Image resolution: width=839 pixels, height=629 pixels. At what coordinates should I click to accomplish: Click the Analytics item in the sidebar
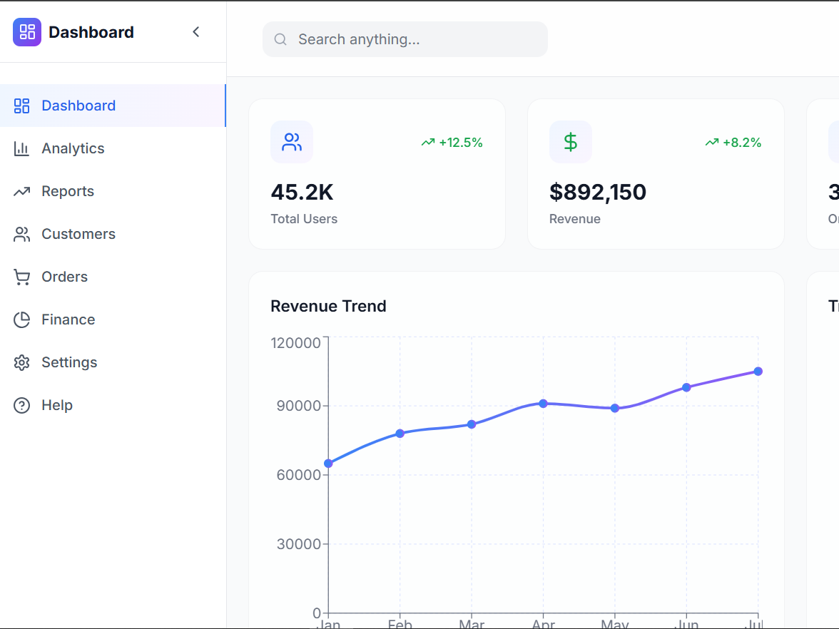(73, 148)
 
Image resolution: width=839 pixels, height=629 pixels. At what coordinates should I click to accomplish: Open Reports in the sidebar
(68, 191)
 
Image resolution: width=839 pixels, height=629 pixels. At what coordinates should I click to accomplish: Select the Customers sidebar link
(78, 234)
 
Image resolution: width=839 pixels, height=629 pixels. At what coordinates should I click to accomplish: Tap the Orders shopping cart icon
(22, 277)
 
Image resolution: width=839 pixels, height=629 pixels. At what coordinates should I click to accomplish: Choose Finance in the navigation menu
(68, 319)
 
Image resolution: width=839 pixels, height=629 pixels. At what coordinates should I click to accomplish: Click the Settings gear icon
(22, 362)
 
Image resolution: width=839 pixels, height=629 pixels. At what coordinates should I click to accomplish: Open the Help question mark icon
(22, 405)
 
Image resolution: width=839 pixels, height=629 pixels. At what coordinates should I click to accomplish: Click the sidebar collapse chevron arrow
(196, 32)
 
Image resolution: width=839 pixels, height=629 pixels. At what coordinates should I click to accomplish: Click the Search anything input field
(414, 39)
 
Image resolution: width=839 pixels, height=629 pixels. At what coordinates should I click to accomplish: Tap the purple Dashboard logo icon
(27, 32)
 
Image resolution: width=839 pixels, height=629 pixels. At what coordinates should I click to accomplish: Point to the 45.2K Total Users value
(302, 192)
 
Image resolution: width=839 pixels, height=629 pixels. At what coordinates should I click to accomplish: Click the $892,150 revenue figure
(598, 192)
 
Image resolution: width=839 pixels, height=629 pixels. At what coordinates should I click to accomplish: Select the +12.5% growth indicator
(452, 143)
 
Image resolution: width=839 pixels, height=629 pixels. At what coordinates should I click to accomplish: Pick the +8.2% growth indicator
(733, 143)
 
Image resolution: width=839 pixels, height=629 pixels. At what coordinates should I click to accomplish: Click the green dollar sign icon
(571, 142)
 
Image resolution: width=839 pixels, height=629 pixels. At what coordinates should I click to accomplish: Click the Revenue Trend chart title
(328, 306)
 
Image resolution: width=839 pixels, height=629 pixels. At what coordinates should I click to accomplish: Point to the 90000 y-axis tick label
(299, 406)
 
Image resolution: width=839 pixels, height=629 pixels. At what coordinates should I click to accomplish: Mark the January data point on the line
(328, 464)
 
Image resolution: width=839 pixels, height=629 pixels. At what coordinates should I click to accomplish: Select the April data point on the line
(543, 404)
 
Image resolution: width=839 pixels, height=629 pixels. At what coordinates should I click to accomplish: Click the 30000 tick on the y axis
(299, 544)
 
